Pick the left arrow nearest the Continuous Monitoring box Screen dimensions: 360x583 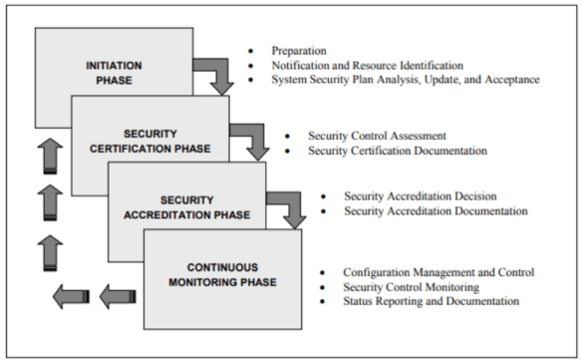tap(118, 295)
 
